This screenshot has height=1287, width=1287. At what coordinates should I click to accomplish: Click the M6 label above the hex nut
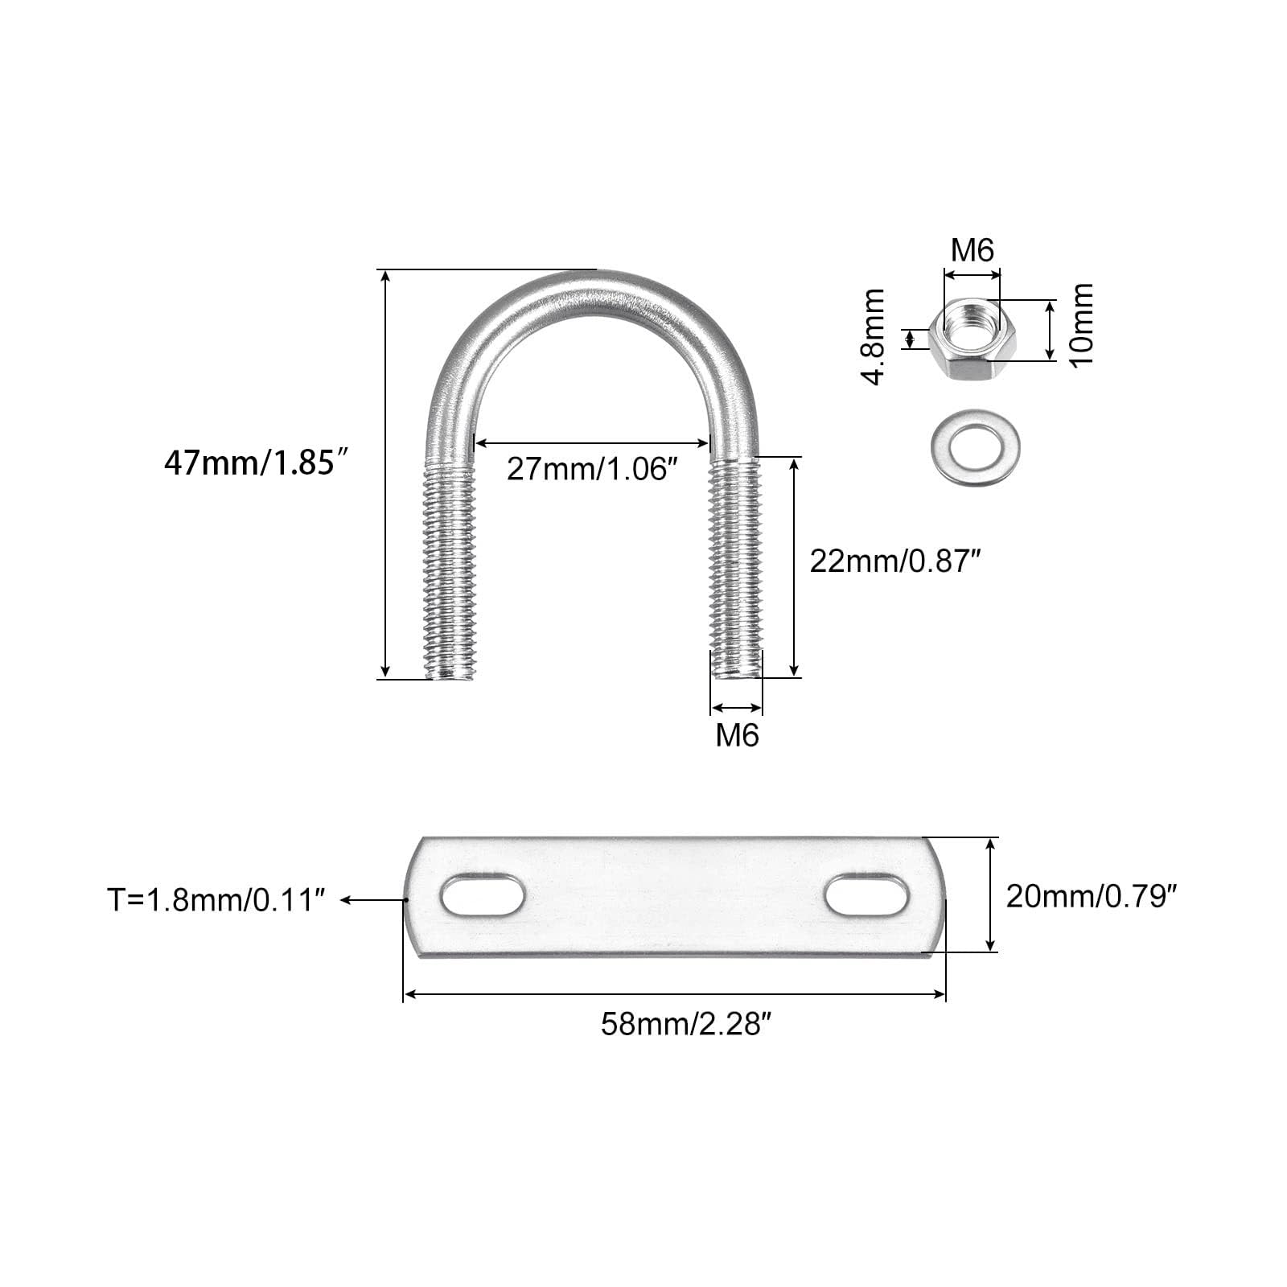click(972, 250)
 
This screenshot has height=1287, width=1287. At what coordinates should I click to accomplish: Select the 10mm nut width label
click(1082, 324)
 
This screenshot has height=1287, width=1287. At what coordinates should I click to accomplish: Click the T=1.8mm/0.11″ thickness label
click(217, 900)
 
